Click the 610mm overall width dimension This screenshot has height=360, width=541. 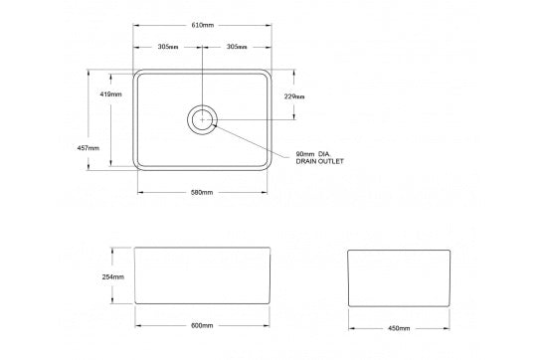[x=203, y=25]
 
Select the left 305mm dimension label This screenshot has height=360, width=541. [x=168, y=47]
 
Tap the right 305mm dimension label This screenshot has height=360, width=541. [x=237, y=47]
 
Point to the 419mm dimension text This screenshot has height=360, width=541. [x=110, y=93]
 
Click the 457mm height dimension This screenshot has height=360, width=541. [x=88, y=148]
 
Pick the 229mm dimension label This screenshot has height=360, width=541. [x=294, y=96]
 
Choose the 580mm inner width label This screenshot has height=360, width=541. [x=202, y=192]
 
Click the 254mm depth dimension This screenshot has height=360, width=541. [x=112, y=276]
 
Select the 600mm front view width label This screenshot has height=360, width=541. [x=202, y=325]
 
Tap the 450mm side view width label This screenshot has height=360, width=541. [x=399, y=328]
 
